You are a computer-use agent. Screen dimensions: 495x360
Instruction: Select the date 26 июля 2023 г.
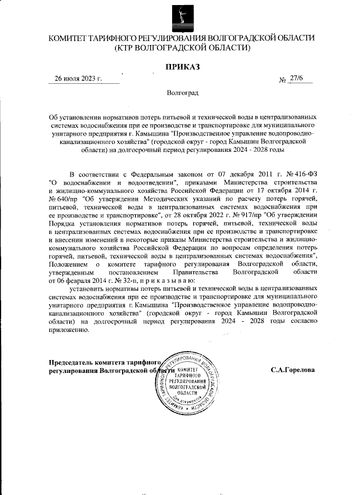tap(78, 79)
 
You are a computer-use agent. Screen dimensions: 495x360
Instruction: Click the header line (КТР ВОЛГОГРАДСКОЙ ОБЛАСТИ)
tap(182, 48)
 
